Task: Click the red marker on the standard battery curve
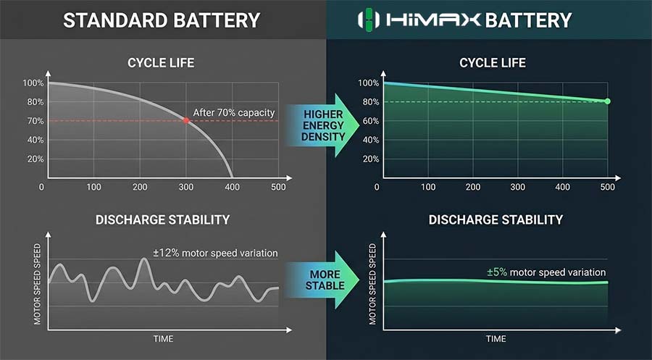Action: click(186, 120)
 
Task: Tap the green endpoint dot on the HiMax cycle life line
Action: click(608, 101)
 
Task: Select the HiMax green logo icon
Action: click(369, 20)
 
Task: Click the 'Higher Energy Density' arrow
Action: click(322, 125)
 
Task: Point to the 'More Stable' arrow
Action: click(322, 280)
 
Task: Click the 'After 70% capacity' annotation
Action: click(234, 113)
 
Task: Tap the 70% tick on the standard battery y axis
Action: click(35, 121)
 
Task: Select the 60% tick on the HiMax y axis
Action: click(371, 121)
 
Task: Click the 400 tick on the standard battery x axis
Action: click(232, 187)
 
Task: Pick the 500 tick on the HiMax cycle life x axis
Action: click(608, 187)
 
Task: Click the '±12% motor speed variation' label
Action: click(215, 254)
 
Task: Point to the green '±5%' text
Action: click(497, 272)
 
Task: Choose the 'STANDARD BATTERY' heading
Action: click(162, 20)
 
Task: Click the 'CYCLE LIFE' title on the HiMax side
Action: click(493, 63)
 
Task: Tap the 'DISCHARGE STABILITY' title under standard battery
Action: click(162, 219)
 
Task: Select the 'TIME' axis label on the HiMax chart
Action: click(496, 339)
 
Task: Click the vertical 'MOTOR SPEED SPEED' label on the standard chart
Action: click(37, 284)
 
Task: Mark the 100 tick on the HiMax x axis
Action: click(428, 187)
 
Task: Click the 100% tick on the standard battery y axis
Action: click(33, 83)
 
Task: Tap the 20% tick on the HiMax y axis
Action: click(371, 159)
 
